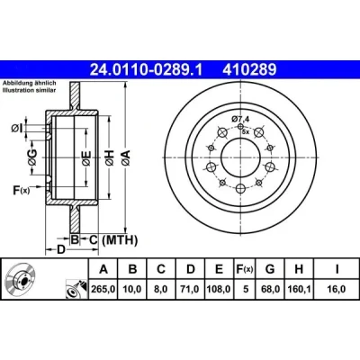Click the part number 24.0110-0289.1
(147, 70)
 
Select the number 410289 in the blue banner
(249, 70)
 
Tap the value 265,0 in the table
(103, 290)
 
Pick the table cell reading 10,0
(132, 290)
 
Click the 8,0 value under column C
(161, 290)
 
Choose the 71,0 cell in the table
(190, 290)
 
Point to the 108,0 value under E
(219, 290)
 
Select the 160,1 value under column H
(299, 290)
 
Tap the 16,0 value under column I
(337, 290)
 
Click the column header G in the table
(270, 269)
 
